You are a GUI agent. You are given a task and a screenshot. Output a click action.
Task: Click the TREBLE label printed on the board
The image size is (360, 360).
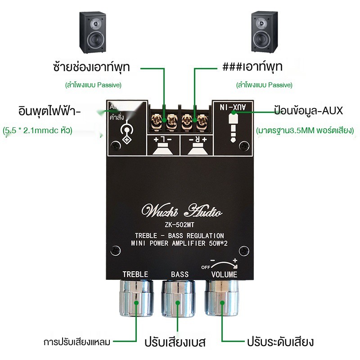click(135, 274)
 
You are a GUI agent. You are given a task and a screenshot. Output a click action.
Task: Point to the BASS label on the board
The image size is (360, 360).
click(180, 274)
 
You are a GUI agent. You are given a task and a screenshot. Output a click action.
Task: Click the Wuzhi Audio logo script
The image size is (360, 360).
click(181, 211)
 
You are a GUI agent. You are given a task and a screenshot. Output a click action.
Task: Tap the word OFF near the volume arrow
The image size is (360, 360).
click(206, 267)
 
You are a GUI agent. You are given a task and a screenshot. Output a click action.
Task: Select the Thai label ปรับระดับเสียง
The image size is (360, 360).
click(279, 342)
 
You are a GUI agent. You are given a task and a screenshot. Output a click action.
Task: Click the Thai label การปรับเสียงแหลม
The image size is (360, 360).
click(77, 342)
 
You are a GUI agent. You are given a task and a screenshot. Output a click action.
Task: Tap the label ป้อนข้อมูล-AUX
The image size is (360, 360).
click(308, 110)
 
